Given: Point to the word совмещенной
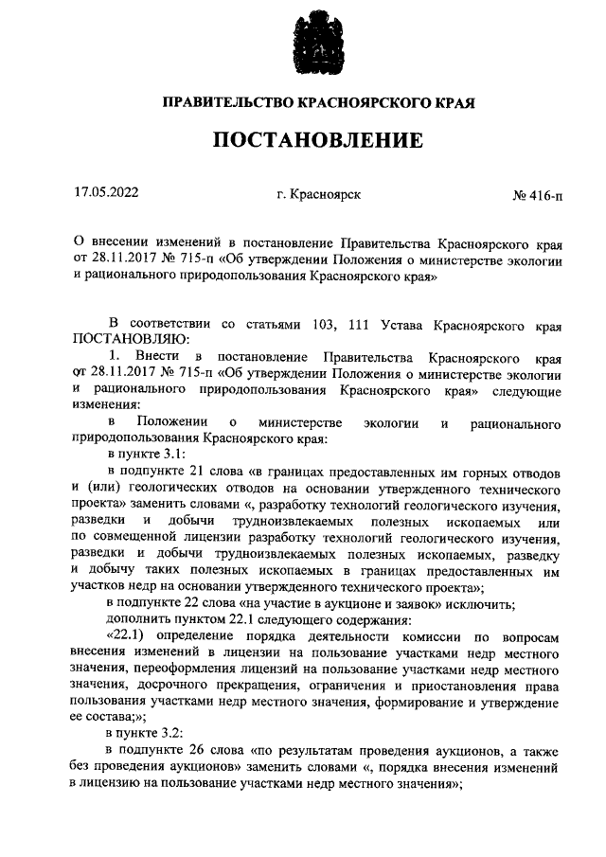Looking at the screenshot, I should point(128,537).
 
